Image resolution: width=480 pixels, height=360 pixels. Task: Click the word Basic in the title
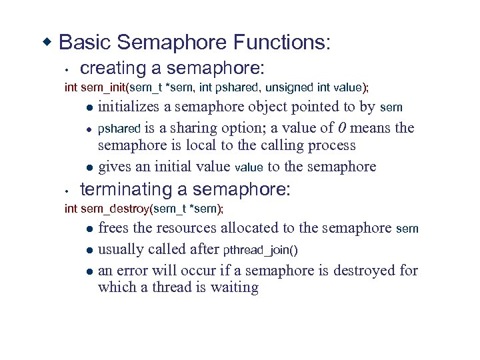(85, 43)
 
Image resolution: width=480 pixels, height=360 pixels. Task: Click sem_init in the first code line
(105, 87)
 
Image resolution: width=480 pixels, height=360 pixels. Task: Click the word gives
(115, 167)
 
